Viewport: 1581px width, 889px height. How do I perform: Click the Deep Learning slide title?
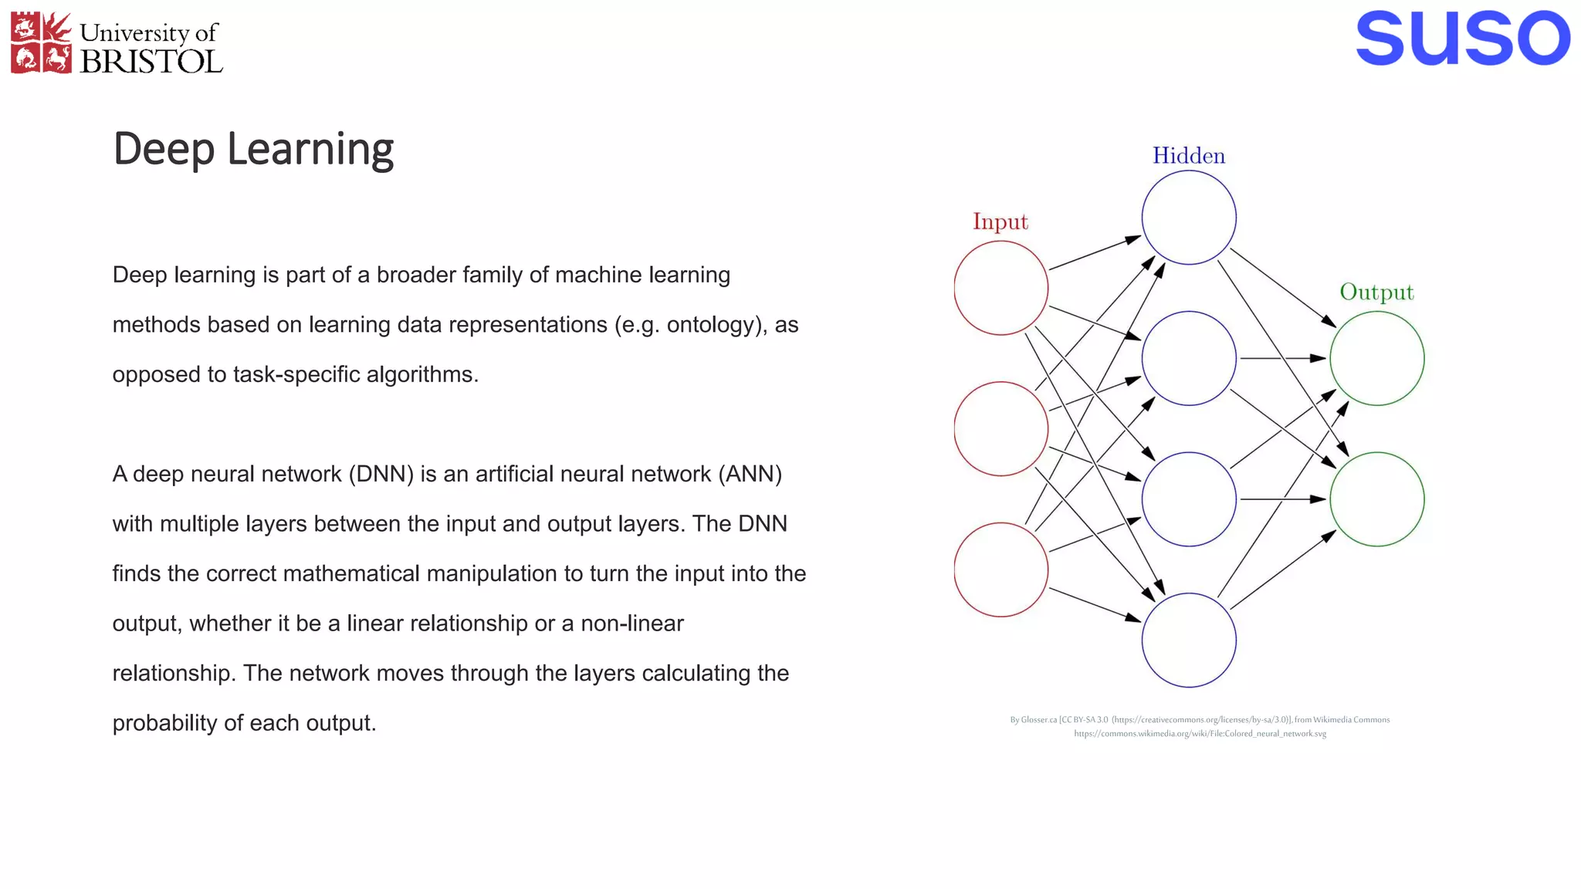(253, 149)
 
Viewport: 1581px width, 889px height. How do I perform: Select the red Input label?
(1000, 221)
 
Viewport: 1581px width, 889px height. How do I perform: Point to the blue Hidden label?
(1189, 156)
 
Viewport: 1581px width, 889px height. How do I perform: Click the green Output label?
(1376, 292)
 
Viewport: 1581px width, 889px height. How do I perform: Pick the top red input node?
(1001, 288)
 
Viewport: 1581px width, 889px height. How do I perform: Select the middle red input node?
(1001, 429)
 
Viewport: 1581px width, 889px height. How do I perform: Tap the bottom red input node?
(1001, 570)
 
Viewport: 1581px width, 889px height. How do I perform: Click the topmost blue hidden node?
(1189, 218)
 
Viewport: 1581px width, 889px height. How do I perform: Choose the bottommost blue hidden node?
(1189, 640)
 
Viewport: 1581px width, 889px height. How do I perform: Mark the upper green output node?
(1377, 358)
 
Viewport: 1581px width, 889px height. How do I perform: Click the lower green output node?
(1377, 499)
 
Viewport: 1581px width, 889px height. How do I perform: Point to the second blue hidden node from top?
(1189, 358)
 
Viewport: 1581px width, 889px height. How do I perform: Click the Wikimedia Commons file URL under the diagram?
(1200, 734)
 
